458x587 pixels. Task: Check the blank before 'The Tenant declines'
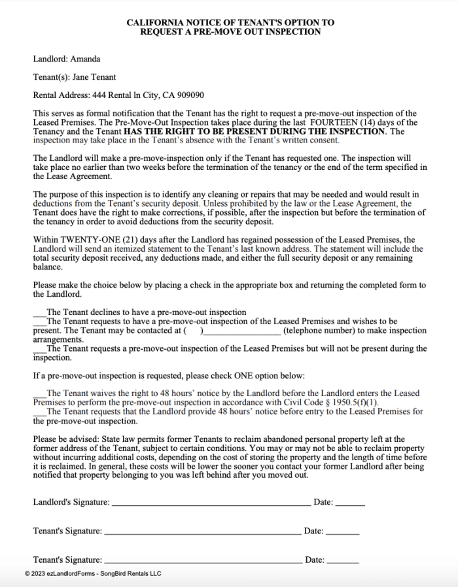coord(39,313)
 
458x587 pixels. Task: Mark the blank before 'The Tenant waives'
coord(39,394)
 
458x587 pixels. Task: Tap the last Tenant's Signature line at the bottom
coord(203,560)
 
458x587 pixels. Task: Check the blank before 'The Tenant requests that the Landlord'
coord(39,412)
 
